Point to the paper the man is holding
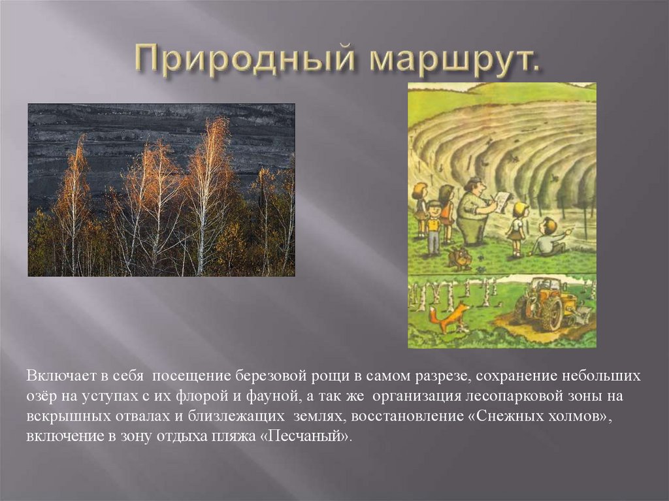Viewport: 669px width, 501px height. (x=500, y=200)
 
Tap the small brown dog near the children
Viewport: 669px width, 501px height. (x=460, y=257)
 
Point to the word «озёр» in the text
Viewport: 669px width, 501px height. (x=41, y=396)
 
